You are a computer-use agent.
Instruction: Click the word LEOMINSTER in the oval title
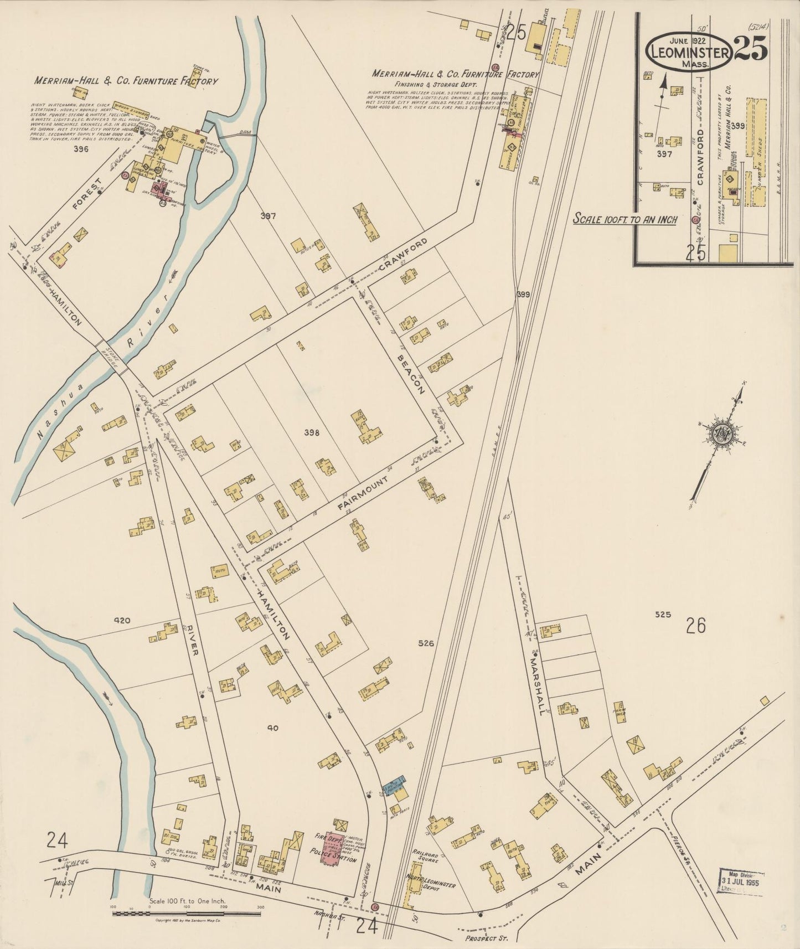click(x=689, y=54)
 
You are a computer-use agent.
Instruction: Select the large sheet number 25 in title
click(x=751, y=50)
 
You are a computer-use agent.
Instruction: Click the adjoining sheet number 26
click(x=695, y=626)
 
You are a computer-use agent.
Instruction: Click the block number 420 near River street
click(x=121, y=621)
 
